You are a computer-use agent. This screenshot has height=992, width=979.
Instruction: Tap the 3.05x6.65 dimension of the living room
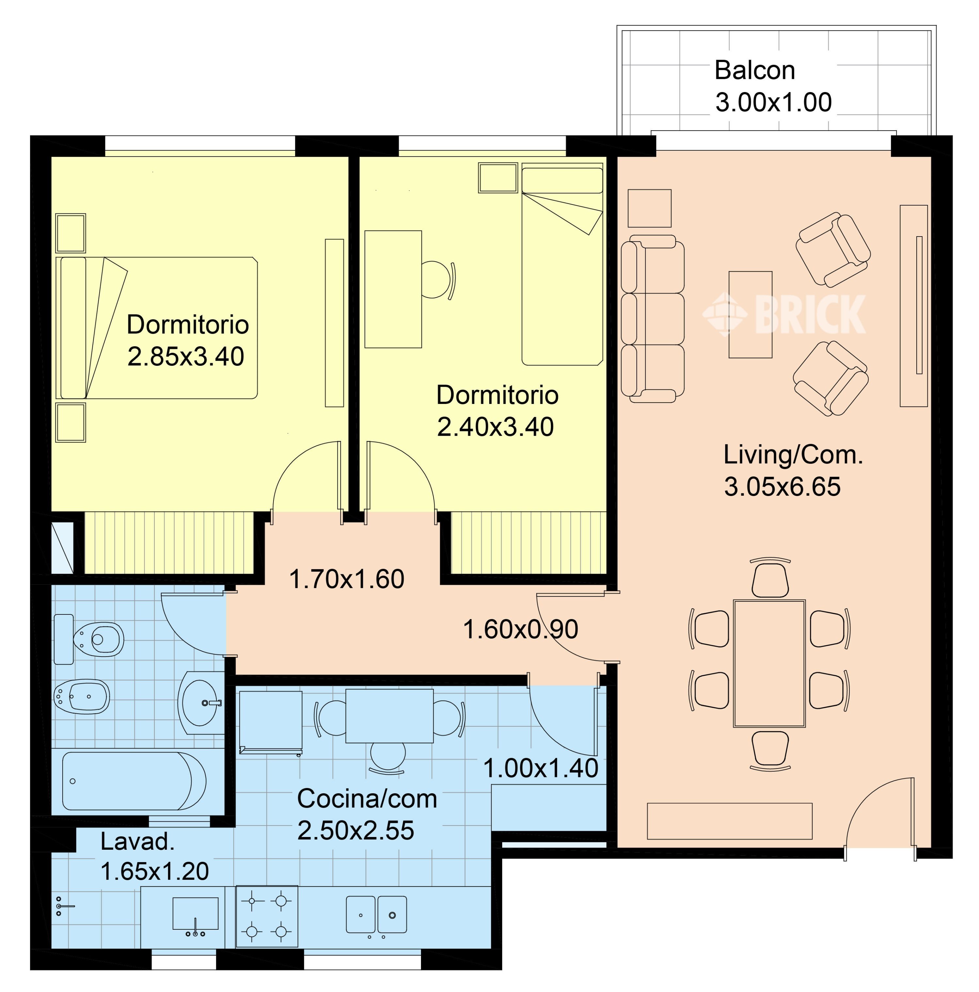click(782, 486)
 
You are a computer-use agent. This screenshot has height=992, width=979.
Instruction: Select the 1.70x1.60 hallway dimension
click(347, 579)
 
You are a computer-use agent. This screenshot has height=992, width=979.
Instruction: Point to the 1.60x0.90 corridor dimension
click(520, 629)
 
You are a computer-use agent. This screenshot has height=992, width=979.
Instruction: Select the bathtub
click(134, 781)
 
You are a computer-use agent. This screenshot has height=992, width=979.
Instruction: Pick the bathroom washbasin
click(200, 703)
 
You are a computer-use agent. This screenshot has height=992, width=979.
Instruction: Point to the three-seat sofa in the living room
click(652, 319)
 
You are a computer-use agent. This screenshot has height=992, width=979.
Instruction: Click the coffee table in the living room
click(750, 314)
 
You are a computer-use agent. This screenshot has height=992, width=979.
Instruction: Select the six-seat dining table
click(769, 663)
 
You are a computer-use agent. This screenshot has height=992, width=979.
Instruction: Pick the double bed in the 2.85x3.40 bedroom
click(157, 328)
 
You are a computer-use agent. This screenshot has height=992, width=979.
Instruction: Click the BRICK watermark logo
click(784, 314)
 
